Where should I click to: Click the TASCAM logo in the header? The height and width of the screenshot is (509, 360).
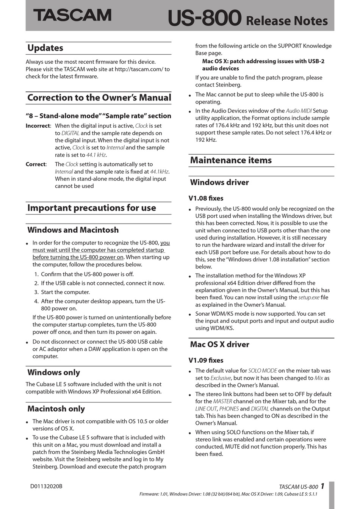click(72, 15)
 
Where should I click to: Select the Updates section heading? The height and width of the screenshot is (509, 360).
click(45, 48)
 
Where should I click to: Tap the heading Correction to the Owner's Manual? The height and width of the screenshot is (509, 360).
click(99, 98)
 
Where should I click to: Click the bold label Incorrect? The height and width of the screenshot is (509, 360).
click(38, 126)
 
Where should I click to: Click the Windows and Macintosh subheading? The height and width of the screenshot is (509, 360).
click(73, 230)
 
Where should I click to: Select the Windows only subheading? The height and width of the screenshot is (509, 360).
click(53, 373)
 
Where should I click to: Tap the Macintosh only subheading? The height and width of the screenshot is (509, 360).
click(56, 409)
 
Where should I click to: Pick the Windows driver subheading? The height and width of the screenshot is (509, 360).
click(219, 182)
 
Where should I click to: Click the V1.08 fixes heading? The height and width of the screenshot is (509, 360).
click(206, 198)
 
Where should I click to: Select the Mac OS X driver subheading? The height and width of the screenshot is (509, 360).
click(219, 345)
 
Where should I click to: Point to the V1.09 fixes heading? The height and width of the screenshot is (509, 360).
click(206, 360)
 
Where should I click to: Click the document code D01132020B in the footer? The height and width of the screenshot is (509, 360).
click(46, 486)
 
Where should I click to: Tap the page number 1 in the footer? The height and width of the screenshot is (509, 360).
click(322, 486)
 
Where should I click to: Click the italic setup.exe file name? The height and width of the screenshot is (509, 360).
click(309, 298)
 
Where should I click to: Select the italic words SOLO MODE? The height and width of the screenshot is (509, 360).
click(263, 371)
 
